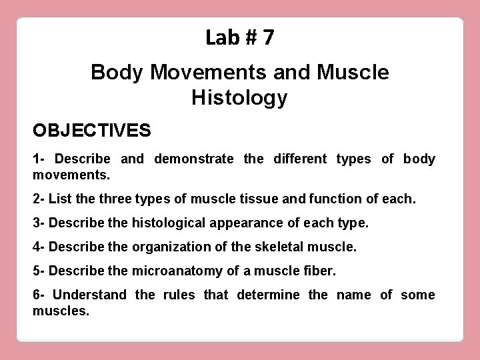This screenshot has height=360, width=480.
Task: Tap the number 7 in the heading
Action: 267,38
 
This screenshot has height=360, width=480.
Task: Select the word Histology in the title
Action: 239,98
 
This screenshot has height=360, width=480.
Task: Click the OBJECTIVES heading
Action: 92,129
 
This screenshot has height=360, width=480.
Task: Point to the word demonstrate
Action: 194,159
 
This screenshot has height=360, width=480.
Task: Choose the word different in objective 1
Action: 293,159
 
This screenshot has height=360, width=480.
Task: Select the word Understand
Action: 89,295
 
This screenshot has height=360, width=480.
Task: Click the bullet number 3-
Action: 39,222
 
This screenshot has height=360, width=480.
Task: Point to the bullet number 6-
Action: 39,295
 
